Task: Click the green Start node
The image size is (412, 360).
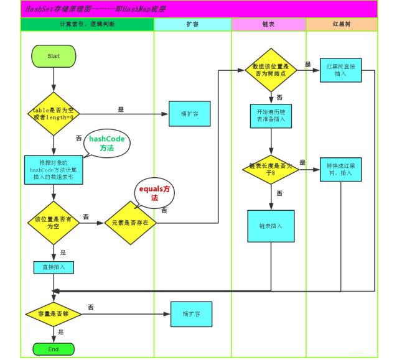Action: coord(54,56)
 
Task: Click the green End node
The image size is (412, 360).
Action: coord(54,349)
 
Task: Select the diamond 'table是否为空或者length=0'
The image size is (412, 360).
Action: coord(54,113)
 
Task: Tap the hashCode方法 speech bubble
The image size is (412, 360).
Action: coord(107,144)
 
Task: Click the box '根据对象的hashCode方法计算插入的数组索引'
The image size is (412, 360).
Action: coord(54,170)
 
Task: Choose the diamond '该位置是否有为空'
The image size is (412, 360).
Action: coord(54,222)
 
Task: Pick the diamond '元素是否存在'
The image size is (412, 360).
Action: coord(130,222)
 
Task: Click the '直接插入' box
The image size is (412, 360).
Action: coord(54,267)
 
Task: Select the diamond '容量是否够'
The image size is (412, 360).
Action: coord(54,314)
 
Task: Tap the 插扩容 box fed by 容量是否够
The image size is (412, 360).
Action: coord(191,314)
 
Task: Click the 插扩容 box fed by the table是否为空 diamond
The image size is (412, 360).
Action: coord(189,114)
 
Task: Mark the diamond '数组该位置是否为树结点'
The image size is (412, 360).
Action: coord(271,70)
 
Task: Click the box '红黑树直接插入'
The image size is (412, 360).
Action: coord(340,70)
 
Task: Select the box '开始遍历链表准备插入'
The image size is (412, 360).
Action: coord(271,116)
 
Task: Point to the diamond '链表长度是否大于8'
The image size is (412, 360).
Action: coord(271,169)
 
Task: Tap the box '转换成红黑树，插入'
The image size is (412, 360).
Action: coord(340,169)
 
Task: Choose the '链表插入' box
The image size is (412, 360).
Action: coord(271,226)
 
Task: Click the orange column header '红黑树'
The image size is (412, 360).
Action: coord(342,24)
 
